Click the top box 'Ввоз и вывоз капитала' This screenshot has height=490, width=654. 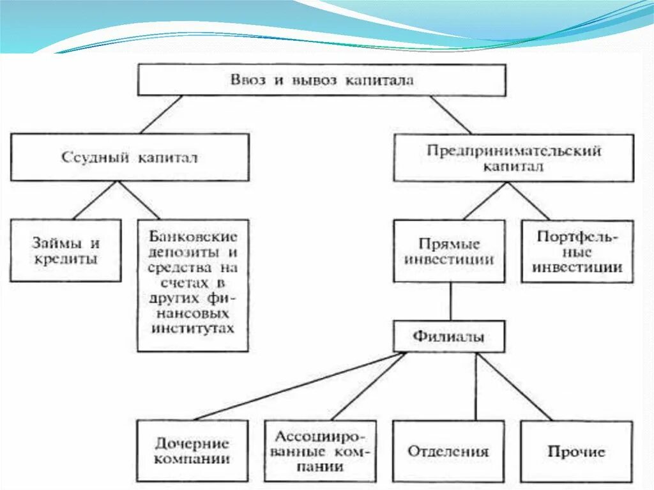tap(322, 80)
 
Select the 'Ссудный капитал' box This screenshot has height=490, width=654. tap(130, 157)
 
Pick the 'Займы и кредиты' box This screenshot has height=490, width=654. tap(66, 250)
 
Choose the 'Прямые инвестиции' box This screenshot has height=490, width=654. tap(450, 251)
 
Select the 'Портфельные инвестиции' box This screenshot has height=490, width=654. tap(577, 251)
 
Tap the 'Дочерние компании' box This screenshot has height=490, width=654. tap(192, 450)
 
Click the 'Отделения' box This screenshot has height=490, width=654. tap(449, 450)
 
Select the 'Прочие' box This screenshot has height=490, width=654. tap(577, 450)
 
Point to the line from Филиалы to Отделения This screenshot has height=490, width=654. tap(476, 387)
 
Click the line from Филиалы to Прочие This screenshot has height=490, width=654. tap(514, 387)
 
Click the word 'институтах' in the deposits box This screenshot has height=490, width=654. tap(193, 329)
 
